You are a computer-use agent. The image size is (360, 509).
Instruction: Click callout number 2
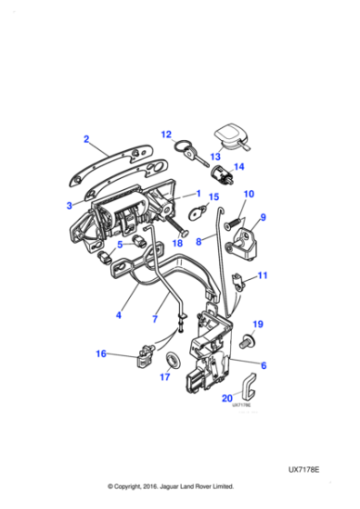pyautogui.click(x=86, y=139)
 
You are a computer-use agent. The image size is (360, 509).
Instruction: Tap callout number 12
pyautogui.click(x=166, y=135)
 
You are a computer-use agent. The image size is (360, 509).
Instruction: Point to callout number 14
pyautogui.click(x=239, y=166)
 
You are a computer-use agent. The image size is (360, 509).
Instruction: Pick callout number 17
pyautogui.click(x=165, y=378)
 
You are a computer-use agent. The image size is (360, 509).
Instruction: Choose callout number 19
pyautogui.click(x=257, y=324)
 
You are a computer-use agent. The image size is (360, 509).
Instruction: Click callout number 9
pyautogui.click(x=265, y=218)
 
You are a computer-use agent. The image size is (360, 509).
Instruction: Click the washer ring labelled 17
pyautogui.click(x=169, y=357)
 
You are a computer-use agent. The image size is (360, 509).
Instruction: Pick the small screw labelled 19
pyautogui.click(x=250, y=341)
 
